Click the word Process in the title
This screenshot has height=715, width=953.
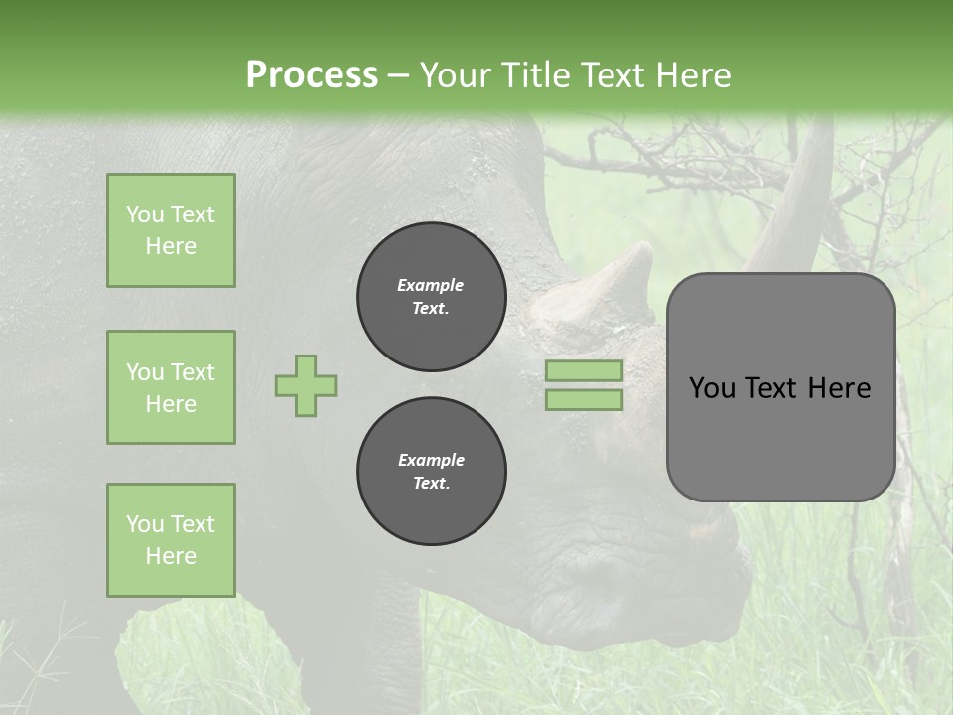click(x=312, y=75)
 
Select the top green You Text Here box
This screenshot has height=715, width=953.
click(x=171, y=230)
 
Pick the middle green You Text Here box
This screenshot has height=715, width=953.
click(x=171, y=387)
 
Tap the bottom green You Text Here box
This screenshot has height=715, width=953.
click(x=171, y=540)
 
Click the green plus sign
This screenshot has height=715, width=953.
click(x=306, y=385)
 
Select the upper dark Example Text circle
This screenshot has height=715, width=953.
click(x=431, y=297)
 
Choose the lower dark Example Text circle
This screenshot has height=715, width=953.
click(x=431, y=472)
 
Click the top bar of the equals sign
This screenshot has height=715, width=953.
click(x=584, y=370)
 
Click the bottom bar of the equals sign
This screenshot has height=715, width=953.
click(x=584, y=400)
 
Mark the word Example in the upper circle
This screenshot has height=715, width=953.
click(x=431, y=285)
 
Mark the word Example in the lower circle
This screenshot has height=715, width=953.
click(x=431, y=460)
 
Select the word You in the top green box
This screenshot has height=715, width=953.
click(x=144, y=214)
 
